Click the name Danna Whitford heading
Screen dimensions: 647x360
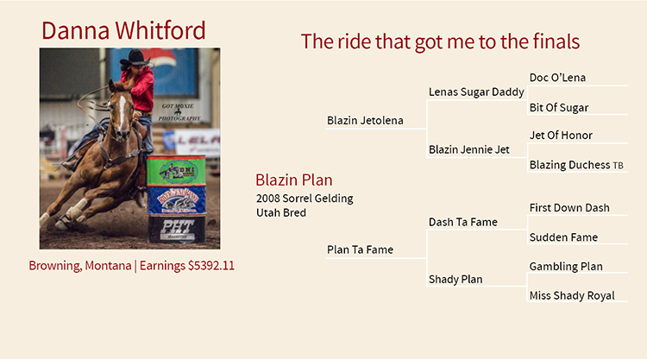[x=123, y=30]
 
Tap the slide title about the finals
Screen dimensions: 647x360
[x=440, y=41]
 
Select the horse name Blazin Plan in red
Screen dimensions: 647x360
[x=294, y=180]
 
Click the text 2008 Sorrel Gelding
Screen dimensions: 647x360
[x=305, y=199]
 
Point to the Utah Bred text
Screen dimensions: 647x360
[x=281, y=212]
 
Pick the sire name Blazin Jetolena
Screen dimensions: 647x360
[x=365, y=121]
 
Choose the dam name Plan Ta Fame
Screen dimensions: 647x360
[x=361, y=249]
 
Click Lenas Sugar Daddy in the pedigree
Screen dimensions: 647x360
[x=476, y=92]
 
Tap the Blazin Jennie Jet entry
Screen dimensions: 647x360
[x=469, y=149]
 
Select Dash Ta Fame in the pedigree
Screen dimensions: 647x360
[x=463, y=222]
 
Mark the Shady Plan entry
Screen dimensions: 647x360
[x=455, y=280]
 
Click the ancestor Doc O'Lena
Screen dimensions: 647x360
[x=557, y=78]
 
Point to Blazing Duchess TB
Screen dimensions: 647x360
[x=576, y=165]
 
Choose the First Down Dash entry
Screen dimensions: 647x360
[x=569, y=208]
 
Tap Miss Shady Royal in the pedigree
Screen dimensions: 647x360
[x=572, y=295]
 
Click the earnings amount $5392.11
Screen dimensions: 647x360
[x=210, y=265]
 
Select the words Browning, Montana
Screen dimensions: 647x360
[x=80, y=265]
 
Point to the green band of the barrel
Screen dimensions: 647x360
[x=176, y=171]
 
